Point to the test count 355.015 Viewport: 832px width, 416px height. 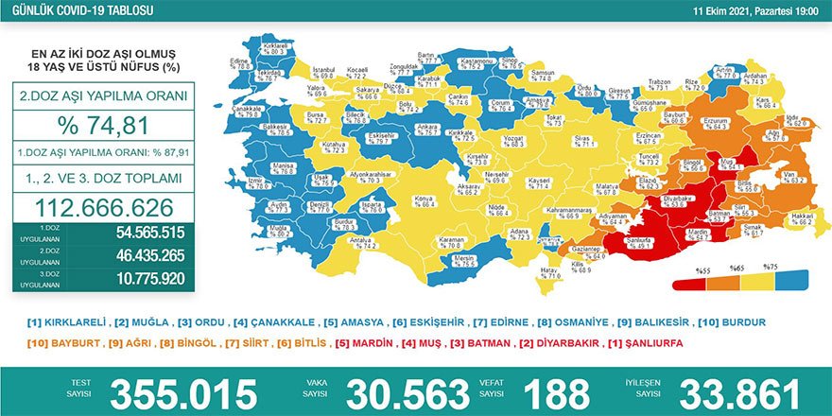(183, 392)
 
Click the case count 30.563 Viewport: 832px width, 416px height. (407, 392)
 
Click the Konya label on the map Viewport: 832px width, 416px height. (425, 200)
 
